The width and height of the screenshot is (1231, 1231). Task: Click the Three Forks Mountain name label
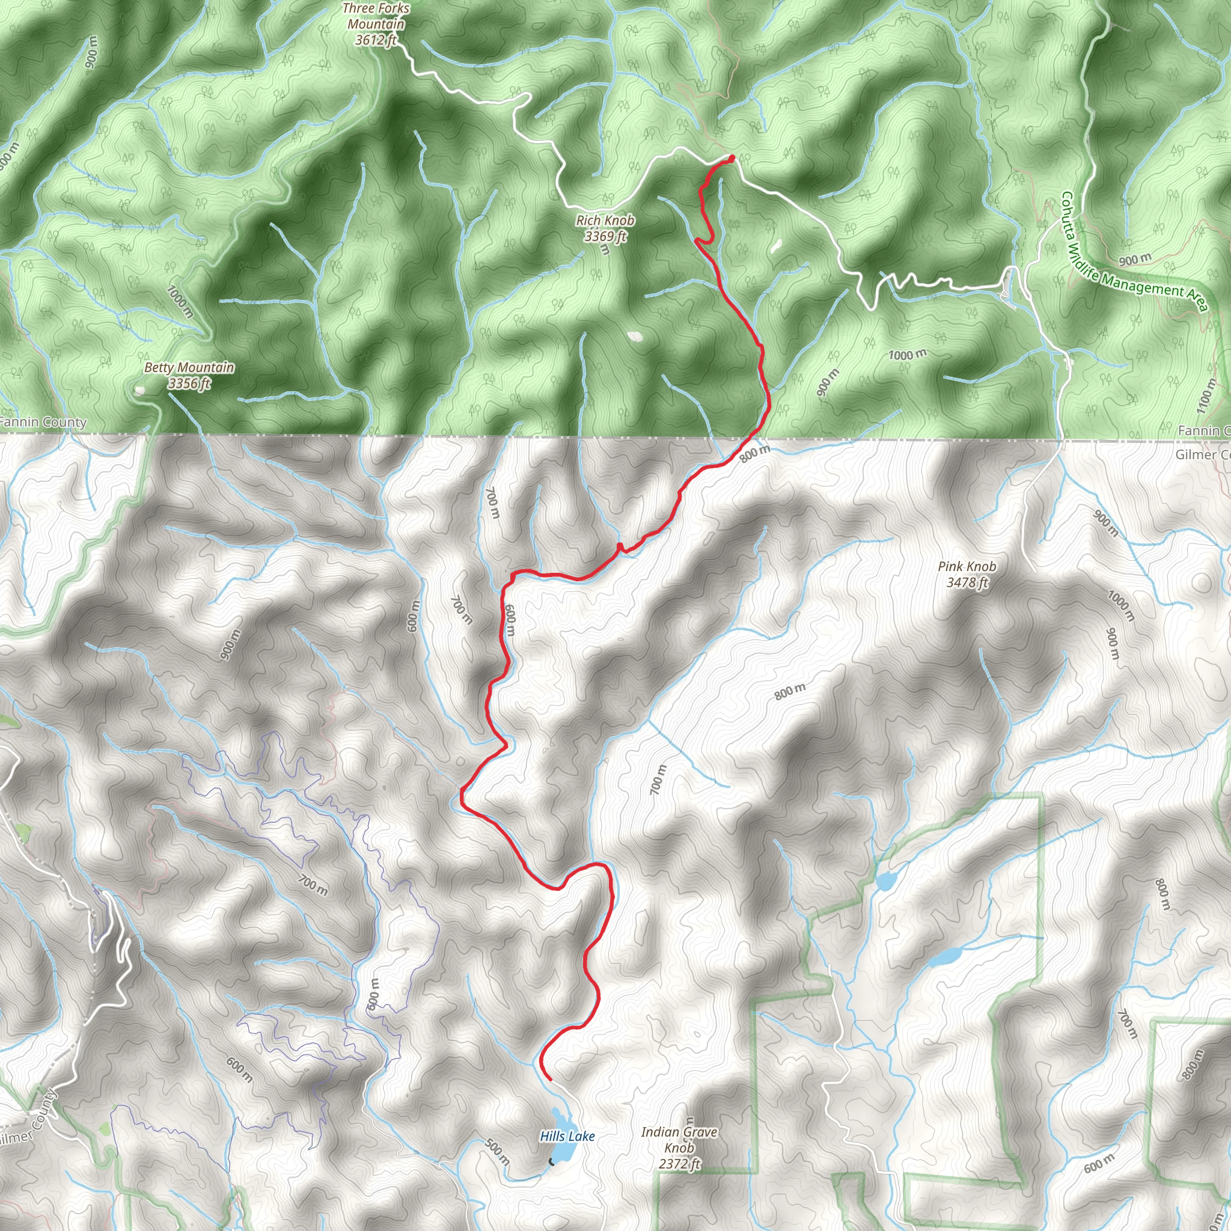point(376,17)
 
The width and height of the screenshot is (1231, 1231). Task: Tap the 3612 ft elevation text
point(376,40)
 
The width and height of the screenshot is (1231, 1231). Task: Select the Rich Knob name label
point(605,221)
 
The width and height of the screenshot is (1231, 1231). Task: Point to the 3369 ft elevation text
point(605,236)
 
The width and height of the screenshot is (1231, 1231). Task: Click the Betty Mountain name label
point(189,368)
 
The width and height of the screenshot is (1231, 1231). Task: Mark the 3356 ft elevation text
point(189,383)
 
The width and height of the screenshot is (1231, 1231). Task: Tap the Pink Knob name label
point(967,566)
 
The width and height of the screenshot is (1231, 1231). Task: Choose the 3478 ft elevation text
point(967,582)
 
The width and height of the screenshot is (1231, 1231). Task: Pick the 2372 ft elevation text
point(679,1164)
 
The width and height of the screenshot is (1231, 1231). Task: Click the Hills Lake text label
point(567,1136)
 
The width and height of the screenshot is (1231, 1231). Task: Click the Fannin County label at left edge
point(43,422)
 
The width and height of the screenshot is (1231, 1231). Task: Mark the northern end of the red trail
point(732,157)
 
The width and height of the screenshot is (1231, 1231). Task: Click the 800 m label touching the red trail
point(755,454)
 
